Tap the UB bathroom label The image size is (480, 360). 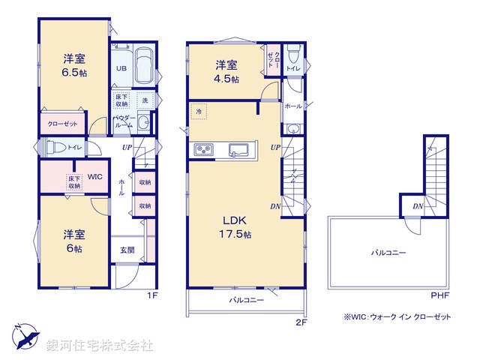coord(121,67)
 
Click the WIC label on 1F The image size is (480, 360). coord(95,177)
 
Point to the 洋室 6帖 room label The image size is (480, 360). coord(73,240)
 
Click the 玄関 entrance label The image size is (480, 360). coord(127,250)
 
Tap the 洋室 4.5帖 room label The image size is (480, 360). coord(228,71)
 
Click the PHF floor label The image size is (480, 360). coord(439,295)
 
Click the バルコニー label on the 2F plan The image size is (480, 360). coord(247,300)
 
